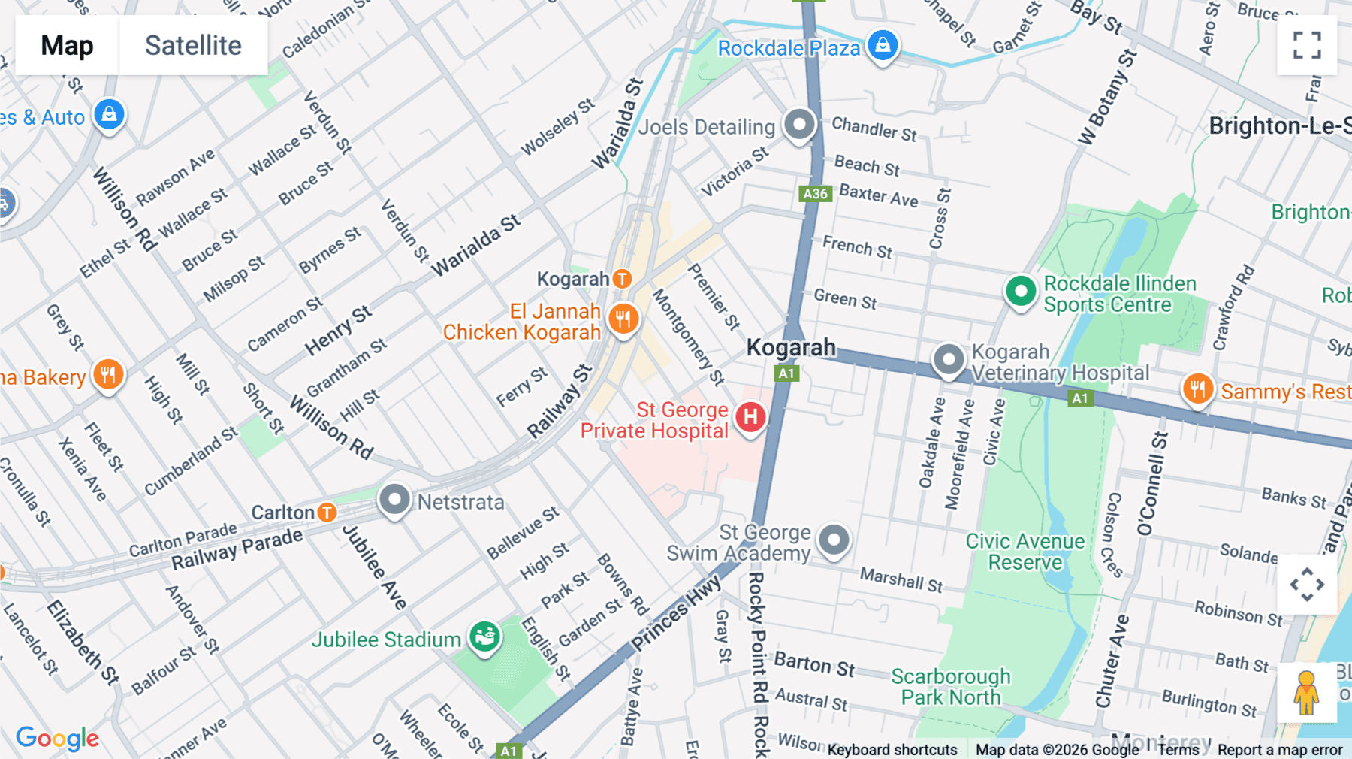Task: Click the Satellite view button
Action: click(193, 46)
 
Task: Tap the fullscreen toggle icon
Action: click(1307, 45)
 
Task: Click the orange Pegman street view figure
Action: click(1306, 692)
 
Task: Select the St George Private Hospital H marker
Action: click(750, 417)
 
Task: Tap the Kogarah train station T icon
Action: click(622, 279)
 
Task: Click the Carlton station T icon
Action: click(327, 513)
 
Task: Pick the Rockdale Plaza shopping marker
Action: click(883, 44)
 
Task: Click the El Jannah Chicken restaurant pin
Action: click(623, 319)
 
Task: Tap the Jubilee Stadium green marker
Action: click(484, 637)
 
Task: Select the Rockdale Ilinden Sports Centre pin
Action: click(1021, 291)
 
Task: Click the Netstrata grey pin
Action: click(394, 499)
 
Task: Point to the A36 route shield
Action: click(815, 194)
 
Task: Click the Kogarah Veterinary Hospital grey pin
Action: click(949, 360)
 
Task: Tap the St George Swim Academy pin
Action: click(834, 540)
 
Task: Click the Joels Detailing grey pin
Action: click(799, 124)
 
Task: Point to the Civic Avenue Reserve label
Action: click(1025, 552)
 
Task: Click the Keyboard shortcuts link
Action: click(892, 750)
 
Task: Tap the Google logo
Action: click(58, 739)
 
